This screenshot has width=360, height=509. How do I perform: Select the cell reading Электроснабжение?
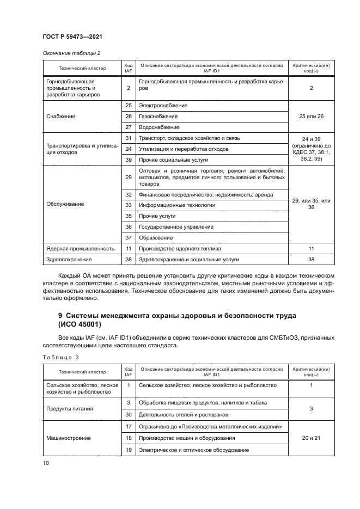pos(163,105)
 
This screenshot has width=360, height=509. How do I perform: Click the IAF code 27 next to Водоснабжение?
pos(129,127)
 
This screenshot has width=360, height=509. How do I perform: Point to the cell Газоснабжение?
pos(158,116)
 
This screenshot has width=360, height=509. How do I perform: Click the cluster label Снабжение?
pos(62,116)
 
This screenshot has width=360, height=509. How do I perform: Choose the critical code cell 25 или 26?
pos(311,116)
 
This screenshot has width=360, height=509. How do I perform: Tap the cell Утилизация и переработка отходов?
pos(184,149)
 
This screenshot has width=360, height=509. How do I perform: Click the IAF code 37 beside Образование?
pos(129,237)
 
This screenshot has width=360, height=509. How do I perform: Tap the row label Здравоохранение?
pos(69,260)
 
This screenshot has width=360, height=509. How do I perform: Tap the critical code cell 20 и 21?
pos(311,438)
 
